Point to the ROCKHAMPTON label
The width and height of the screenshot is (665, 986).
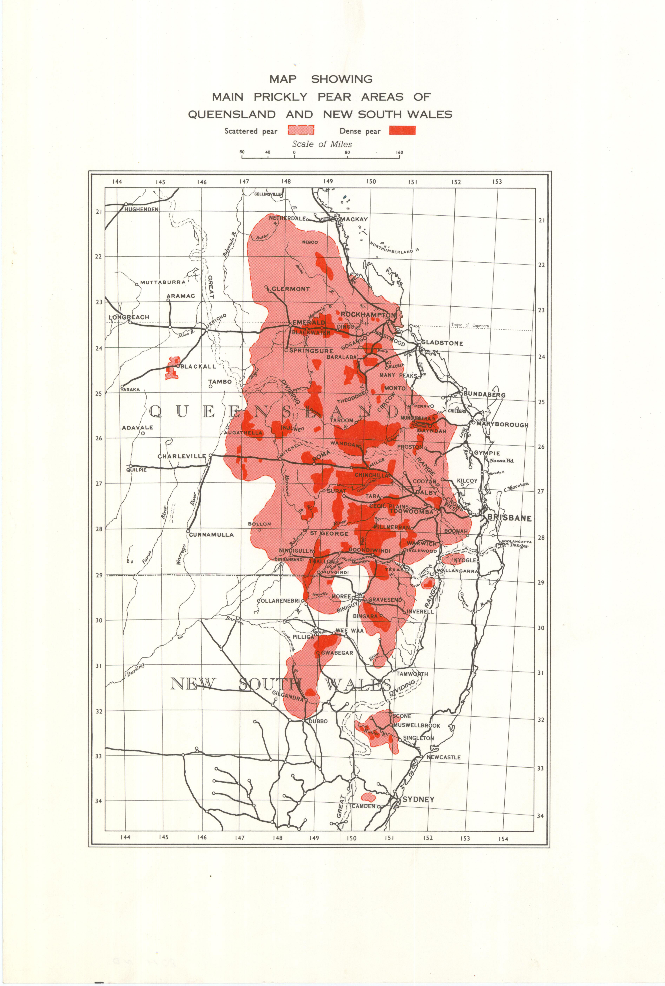(368, 314)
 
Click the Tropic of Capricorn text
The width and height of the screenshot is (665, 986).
(470, 325)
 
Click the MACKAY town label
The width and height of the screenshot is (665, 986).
(353, 219)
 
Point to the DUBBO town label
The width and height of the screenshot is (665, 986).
(318, 721)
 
